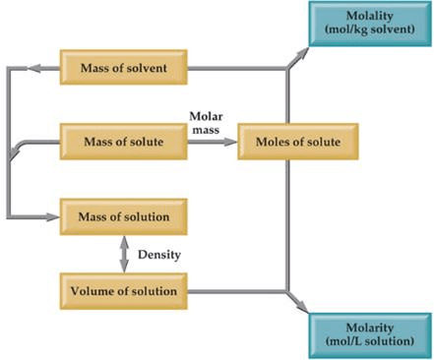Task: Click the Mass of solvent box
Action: (x=124, y=68)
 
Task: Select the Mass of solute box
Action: (x=124, y=142)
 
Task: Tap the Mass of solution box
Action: (x=124, y=215)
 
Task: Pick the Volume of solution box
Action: (x=124, y=291)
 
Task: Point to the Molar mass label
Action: (x=207, y=123)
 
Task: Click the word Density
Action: (x=157, y=254)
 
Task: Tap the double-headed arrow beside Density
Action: (x=124, y=253)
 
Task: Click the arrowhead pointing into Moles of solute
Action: (x=232, y=142)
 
